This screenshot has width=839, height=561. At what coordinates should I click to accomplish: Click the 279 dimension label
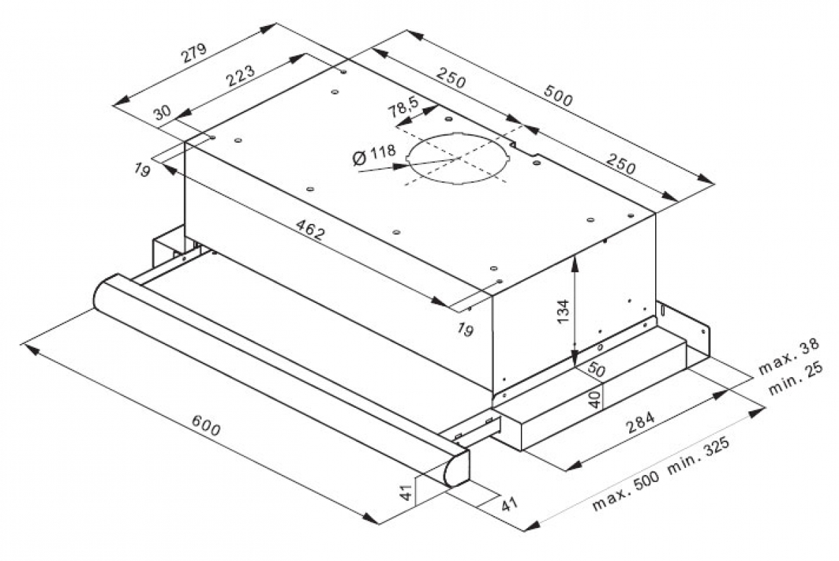194,54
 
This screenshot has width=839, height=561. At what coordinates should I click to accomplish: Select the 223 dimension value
241,76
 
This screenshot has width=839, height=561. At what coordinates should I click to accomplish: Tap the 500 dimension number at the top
558,96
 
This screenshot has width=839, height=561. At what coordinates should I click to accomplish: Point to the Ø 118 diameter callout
374,154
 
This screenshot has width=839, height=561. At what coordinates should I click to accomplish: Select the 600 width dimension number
206,426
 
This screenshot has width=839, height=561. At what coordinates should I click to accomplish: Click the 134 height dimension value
563,311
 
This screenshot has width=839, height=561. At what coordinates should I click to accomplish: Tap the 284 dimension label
640,422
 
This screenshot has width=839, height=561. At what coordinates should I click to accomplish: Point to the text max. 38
789,356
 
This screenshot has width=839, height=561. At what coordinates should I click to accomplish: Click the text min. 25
796,378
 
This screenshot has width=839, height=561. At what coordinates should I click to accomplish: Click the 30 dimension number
162,112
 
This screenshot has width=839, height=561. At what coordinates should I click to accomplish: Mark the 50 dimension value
596,369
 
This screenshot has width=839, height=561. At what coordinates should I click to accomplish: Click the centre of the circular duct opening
459,159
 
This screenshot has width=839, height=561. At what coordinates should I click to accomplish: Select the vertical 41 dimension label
406,492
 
